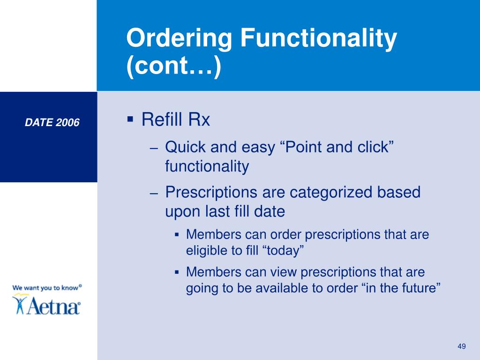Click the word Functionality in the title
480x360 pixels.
[x=319, y=39]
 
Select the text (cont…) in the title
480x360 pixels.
[x=173, y=68]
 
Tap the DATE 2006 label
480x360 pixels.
[x=52, y=123]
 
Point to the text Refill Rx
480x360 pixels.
[x=176, y=120]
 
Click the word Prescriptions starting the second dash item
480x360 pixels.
[x=211, y=192]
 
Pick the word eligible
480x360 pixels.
[x=206, y=251]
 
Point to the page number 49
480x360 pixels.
[x=461, y=346]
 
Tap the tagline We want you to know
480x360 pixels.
[x=45, y=287]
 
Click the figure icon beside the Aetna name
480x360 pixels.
[x=20, y=303]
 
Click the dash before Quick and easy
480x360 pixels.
[x=155, y=148]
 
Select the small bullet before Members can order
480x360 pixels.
[x=177, y=234]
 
